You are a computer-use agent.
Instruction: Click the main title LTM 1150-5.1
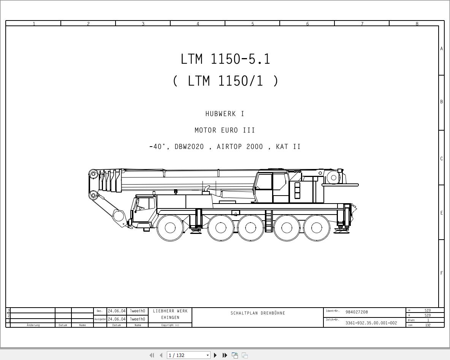coord(225,59)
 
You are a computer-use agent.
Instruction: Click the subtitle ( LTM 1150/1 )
coord(226,81)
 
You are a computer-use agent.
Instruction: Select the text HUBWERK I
coord(225,114)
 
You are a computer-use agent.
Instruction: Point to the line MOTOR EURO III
coord(225,130)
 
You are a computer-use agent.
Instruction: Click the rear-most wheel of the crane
coord(317,228)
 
